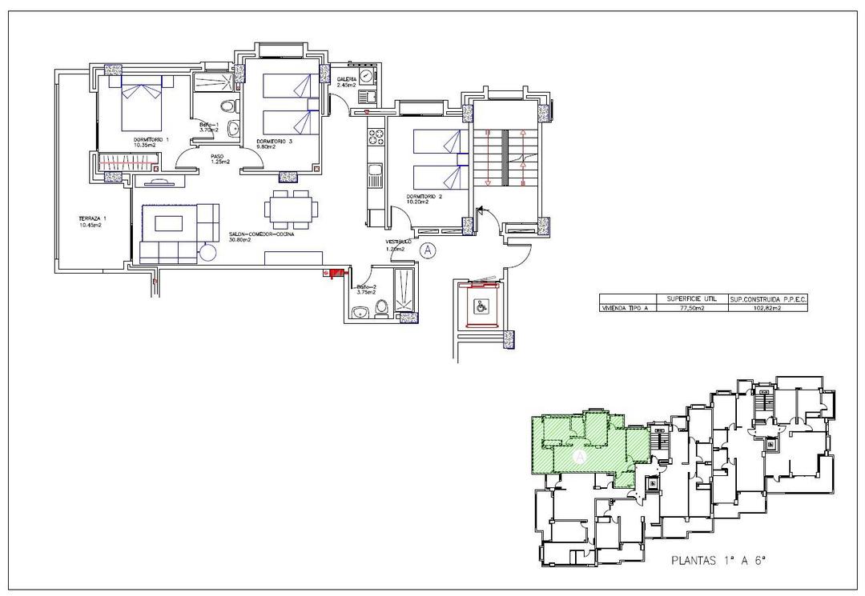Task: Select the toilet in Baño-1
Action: click(227, 106)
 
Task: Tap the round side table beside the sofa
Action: click(207, 252)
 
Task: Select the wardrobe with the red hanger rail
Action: click(128, 163)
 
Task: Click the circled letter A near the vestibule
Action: click(428, 250)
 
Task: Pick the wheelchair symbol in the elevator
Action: click(478, 305)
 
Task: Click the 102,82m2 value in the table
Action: click(767, 306)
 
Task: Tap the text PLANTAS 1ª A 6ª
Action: click(718, 562)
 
